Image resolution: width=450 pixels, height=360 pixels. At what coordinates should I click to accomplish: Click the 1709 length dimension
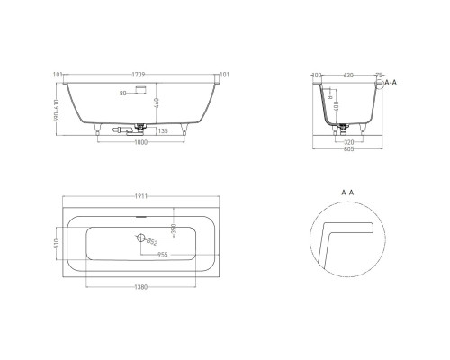(x=138, y=75)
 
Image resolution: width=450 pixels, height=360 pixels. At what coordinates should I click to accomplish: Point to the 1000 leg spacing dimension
(x=138, y=140)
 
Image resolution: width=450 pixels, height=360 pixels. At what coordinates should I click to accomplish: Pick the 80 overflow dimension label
(x=122, y=93)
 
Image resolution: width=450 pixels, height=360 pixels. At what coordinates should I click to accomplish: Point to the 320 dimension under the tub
(x=347, y=141)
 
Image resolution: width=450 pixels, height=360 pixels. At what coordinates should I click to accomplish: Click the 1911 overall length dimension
(x=138, y=194)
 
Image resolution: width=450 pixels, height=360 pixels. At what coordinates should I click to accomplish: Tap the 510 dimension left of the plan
(x=56, y=243)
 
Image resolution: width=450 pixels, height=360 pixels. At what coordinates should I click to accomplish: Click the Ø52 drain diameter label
(x=152, y=242)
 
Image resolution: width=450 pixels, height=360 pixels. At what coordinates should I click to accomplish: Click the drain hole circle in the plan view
(x=140, y=238)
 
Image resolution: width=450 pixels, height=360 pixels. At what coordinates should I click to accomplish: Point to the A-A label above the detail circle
(x=347, y=192)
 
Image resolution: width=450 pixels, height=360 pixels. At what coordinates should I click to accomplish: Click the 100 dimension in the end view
(x=317, y=76)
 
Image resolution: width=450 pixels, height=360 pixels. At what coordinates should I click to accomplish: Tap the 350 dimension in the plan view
(x=174, y=228)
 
